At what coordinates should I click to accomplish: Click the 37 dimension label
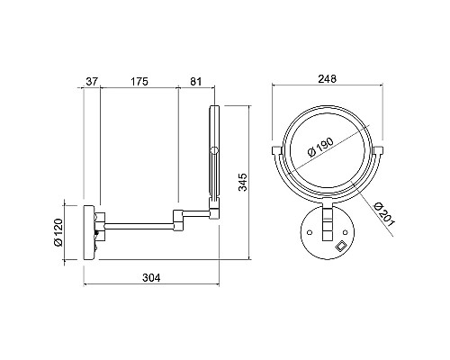click(x=92, y=81)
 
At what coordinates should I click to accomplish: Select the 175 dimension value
click(x=139, y=81)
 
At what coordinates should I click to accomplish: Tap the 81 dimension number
click(x=196, y=81)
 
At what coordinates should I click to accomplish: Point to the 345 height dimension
click(x=242, y=182)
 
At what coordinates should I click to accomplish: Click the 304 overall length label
click(x=151, y=278)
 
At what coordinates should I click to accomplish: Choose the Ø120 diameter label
click(x=58, y=232)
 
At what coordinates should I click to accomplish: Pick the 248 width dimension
click(x=328, y=79)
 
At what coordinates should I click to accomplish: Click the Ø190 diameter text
click(x=320, y=147)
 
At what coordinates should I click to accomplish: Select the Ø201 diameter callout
click(x=384, y=214)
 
